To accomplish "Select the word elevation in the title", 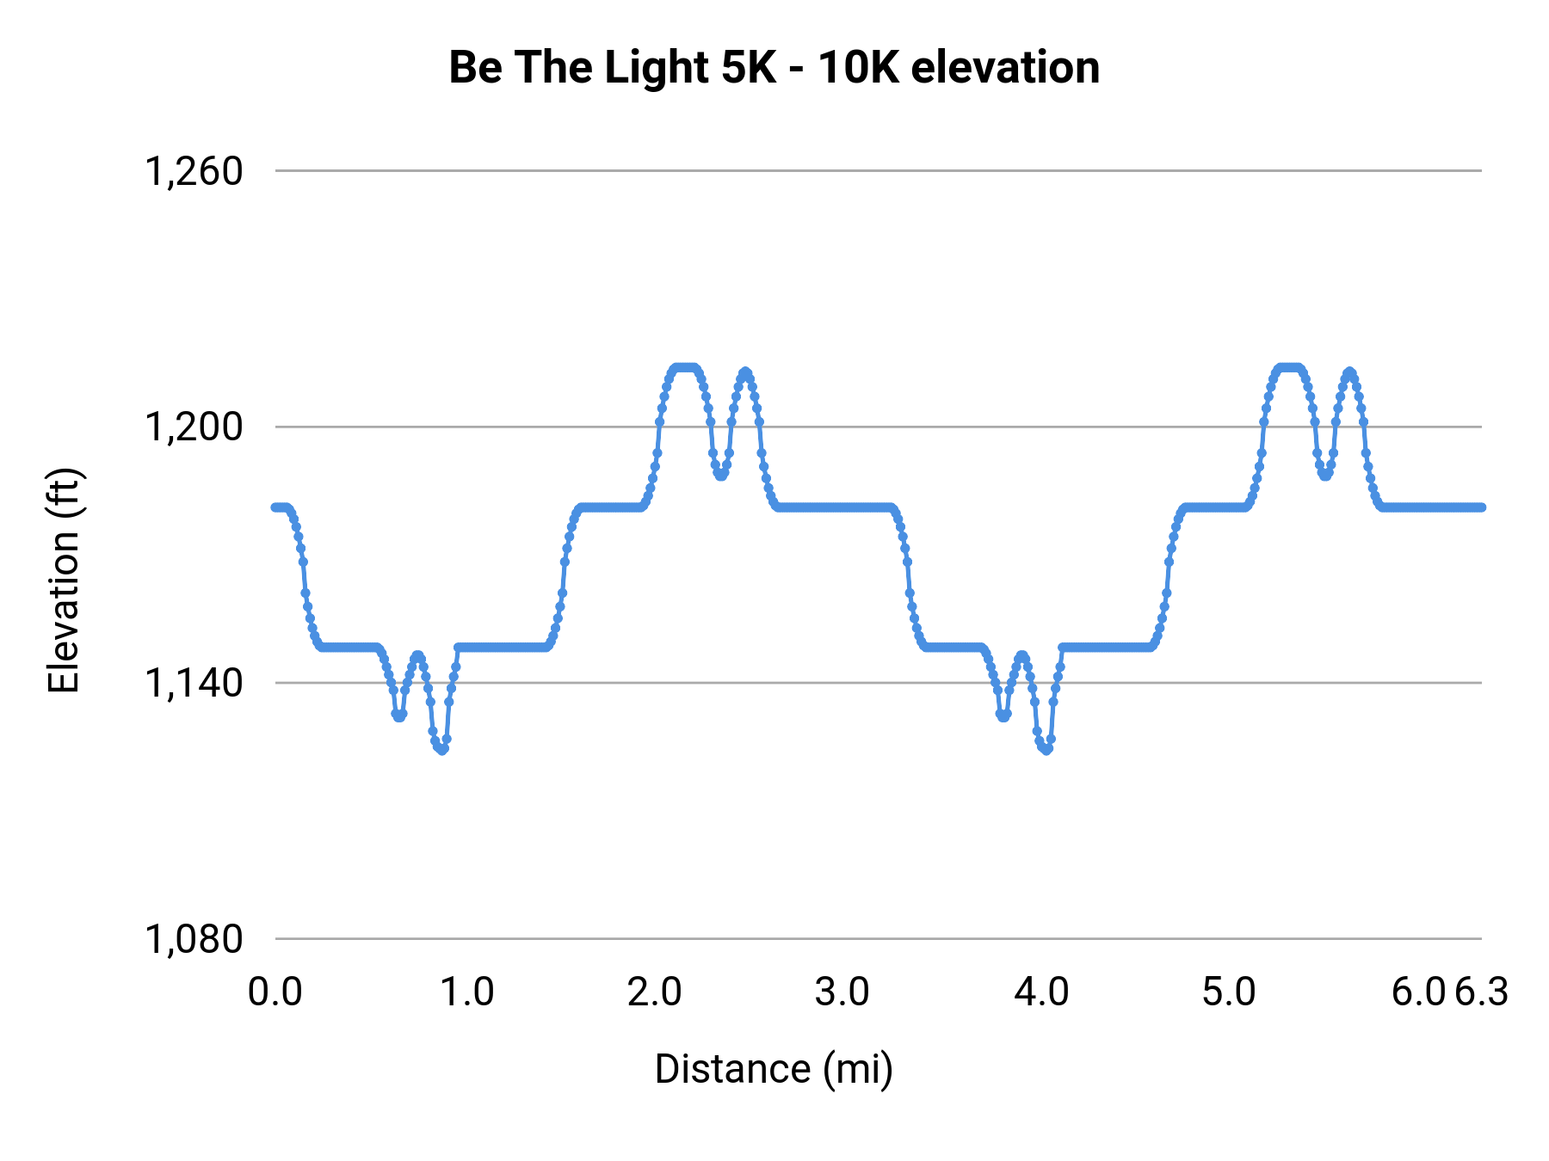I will (1005, 67).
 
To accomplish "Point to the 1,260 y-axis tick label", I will (194, 171).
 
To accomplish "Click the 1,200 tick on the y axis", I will (194, 427).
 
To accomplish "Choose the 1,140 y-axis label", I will (194, 683).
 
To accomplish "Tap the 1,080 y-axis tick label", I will (194, 939).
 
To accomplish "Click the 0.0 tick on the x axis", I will (275, 992).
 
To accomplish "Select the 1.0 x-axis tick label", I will (467, 992).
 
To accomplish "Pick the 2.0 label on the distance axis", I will (654, 992).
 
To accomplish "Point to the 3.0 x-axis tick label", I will (842, 992).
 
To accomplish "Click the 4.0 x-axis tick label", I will (1041, 992).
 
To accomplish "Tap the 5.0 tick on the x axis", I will (1229, 992).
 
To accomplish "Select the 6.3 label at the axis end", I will (1482, 992).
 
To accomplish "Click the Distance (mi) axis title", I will (774, 1069).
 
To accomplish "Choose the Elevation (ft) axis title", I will (64, 580).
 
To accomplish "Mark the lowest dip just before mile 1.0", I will (441, 750).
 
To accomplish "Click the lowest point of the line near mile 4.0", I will (1046, 750).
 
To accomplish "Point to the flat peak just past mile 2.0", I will (685, 367).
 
